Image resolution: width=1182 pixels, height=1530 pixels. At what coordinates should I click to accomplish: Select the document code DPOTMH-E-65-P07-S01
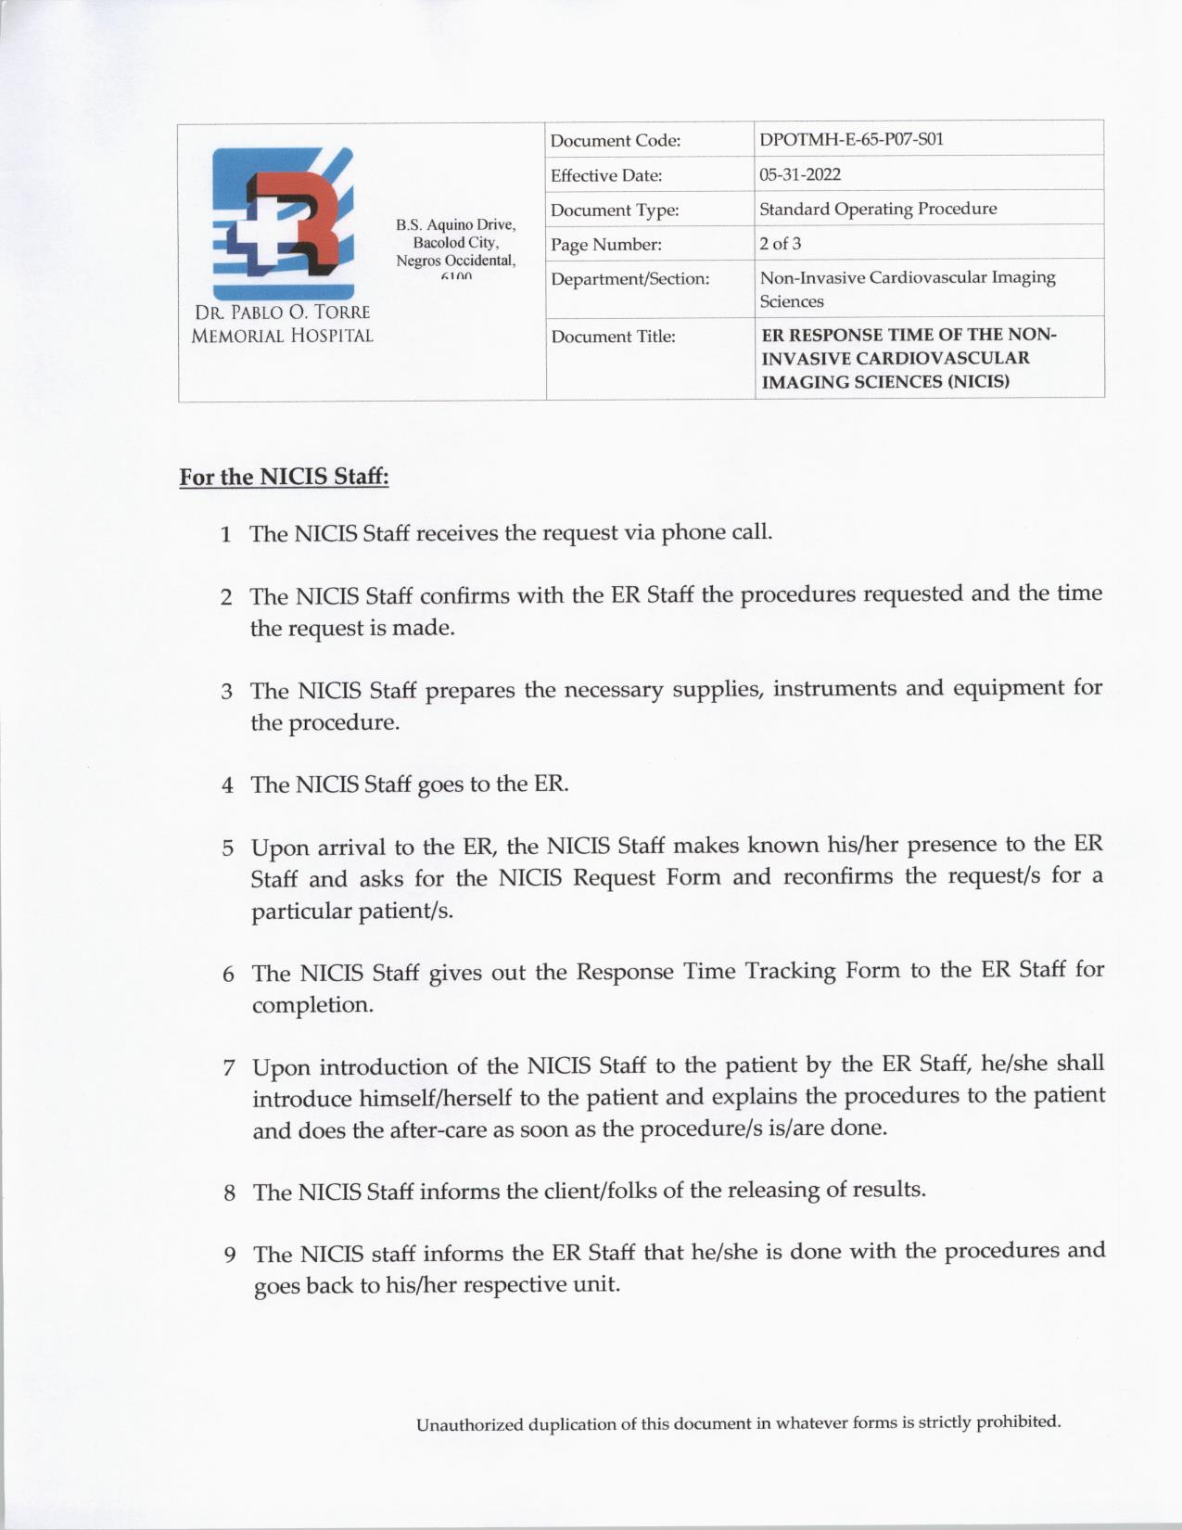851,140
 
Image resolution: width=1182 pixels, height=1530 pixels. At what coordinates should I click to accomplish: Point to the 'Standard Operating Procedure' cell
878,209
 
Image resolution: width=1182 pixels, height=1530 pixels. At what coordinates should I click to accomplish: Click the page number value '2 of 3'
781,244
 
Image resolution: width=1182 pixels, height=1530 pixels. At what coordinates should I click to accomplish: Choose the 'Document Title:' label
613,337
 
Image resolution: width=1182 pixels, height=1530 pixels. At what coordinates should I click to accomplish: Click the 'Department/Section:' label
629,279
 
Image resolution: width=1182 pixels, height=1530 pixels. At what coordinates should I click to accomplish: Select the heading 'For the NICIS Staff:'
284,478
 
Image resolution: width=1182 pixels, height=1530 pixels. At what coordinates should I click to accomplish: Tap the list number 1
225,535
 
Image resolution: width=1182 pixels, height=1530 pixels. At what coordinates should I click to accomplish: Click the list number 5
227,848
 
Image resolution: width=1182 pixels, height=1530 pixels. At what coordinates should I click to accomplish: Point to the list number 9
230,1256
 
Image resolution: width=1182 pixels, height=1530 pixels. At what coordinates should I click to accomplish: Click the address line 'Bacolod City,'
456,243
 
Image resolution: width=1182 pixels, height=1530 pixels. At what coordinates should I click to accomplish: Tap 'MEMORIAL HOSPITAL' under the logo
282,337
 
